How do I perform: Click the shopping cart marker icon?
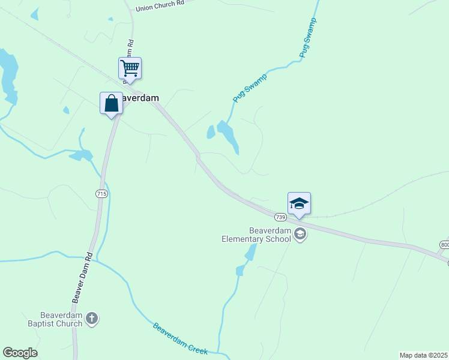(x=130, y=68)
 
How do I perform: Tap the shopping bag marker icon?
(x=111, y=103)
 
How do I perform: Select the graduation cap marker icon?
(x=299, y=204)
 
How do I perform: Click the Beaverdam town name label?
(x=140, y=98)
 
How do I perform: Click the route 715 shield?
(x=101, y=193)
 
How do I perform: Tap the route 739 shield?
(x=280, y=217)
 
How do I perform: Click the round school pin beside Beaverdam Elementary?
(x=301, y=235)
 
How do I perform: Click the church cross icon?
(x=91, y=319)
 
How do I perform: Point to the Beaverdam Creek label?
(x=180, y=339)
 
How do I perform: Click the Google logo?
(x=20, y=353)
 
